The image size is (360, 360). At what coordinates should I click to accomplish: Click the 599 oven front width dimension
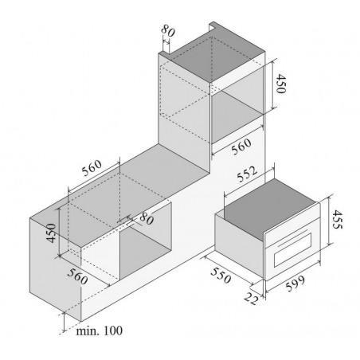pos(295,284)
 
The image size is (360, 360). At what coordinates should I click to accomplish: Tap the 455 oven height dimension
pos(338,219)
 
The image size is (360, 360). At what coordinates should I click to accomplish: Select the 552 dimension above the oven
pos(247,174)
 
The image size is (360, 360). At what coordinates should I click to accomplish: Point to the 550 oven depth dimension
pos(221,276)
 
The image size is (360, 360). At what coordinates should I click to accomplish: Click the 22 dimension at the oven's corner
pos(251,299)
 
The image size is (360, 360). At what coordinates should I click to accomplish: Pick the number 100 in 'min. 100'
pos(113,331)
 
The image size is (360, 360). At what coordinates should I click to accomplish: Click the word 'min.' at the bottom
pos(88,331)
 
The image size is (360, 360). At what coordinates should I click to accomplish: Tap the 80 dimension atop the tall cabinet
pos(168,30)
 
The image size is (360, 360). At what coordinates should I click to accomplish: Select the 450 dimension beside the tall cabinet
pos(280,84)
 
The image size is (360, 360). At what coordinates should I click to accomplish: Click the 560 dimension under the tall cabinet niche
pos(241,147)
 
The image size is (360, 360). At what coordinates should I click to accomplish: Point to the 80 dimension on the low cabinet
pos(147,219)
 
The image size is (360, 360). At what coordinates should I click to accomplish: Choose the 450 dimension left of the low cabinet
pos(51,233)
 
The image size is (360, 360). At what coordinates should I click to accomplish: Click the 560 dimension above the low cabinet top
pos(92,168)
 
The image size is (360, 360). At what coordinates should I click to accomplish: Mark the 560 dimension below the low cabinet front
pos(77,276)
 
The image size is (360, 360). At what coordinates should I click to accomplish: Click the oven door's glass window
pos(292,250)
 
